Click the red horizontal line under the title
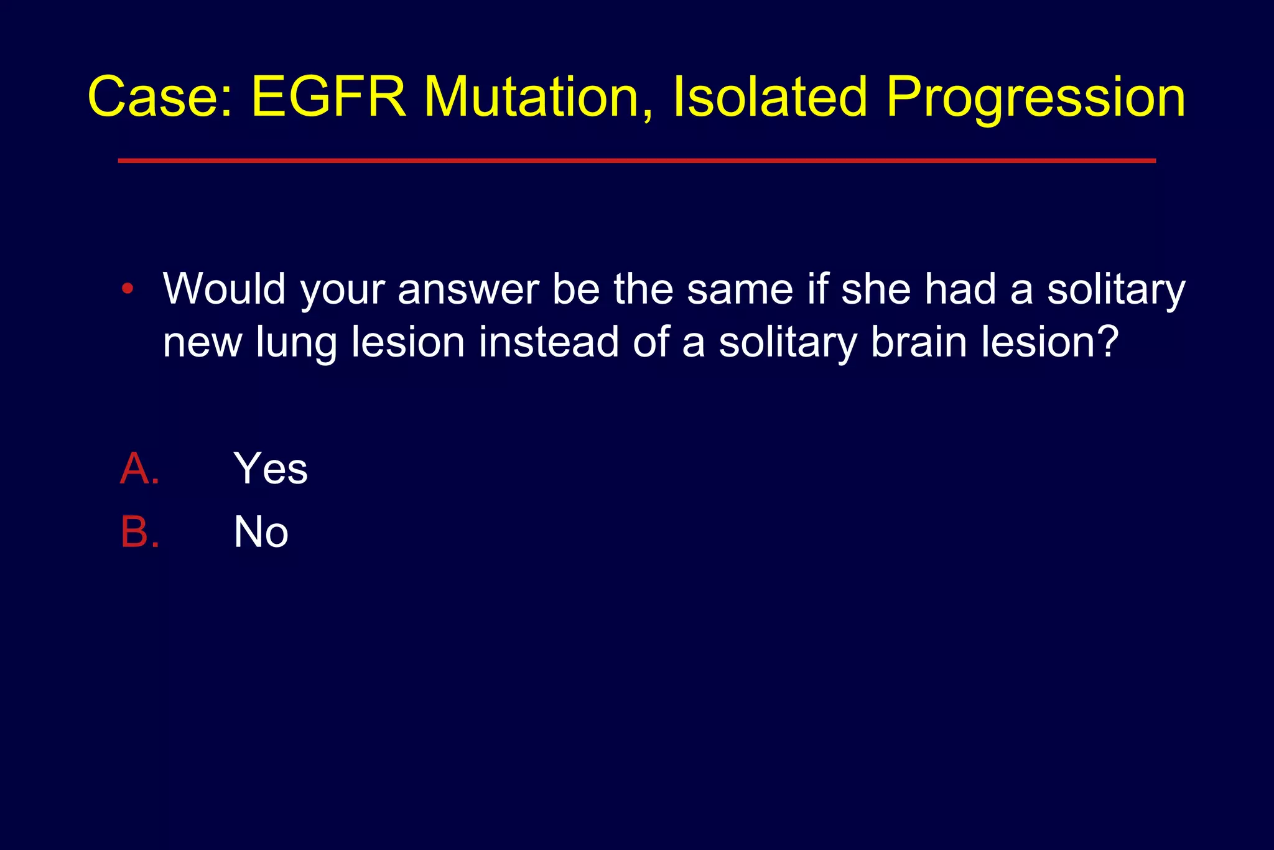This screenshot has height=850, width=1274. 636,161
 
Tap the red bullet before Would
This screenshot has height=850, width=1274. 128,289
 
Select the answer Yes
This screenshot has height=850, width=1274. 270,469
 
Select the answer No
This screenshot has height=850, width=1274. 261,532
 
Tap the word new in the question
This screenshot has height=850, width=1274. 202,344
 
